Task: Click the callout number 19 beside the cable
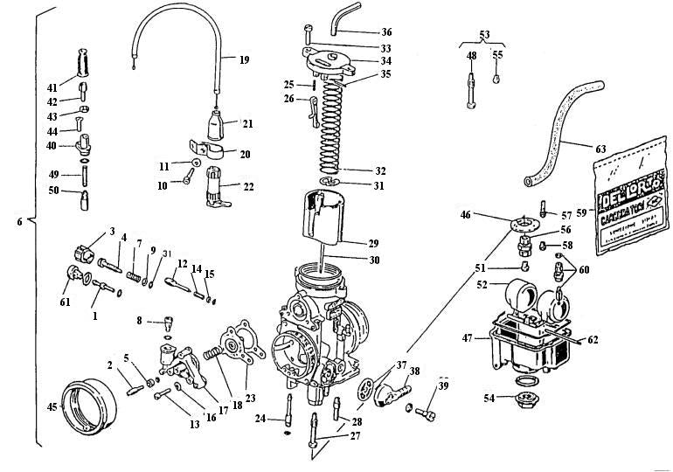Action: click(243, 60)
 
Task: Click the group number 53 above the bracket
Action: click(482, 34)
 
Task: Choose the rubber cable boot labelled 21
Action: click(217, 123)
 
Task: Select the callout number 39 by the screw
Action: click(443, 386)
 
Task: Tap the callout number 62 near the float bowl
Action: click(593, 337)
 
